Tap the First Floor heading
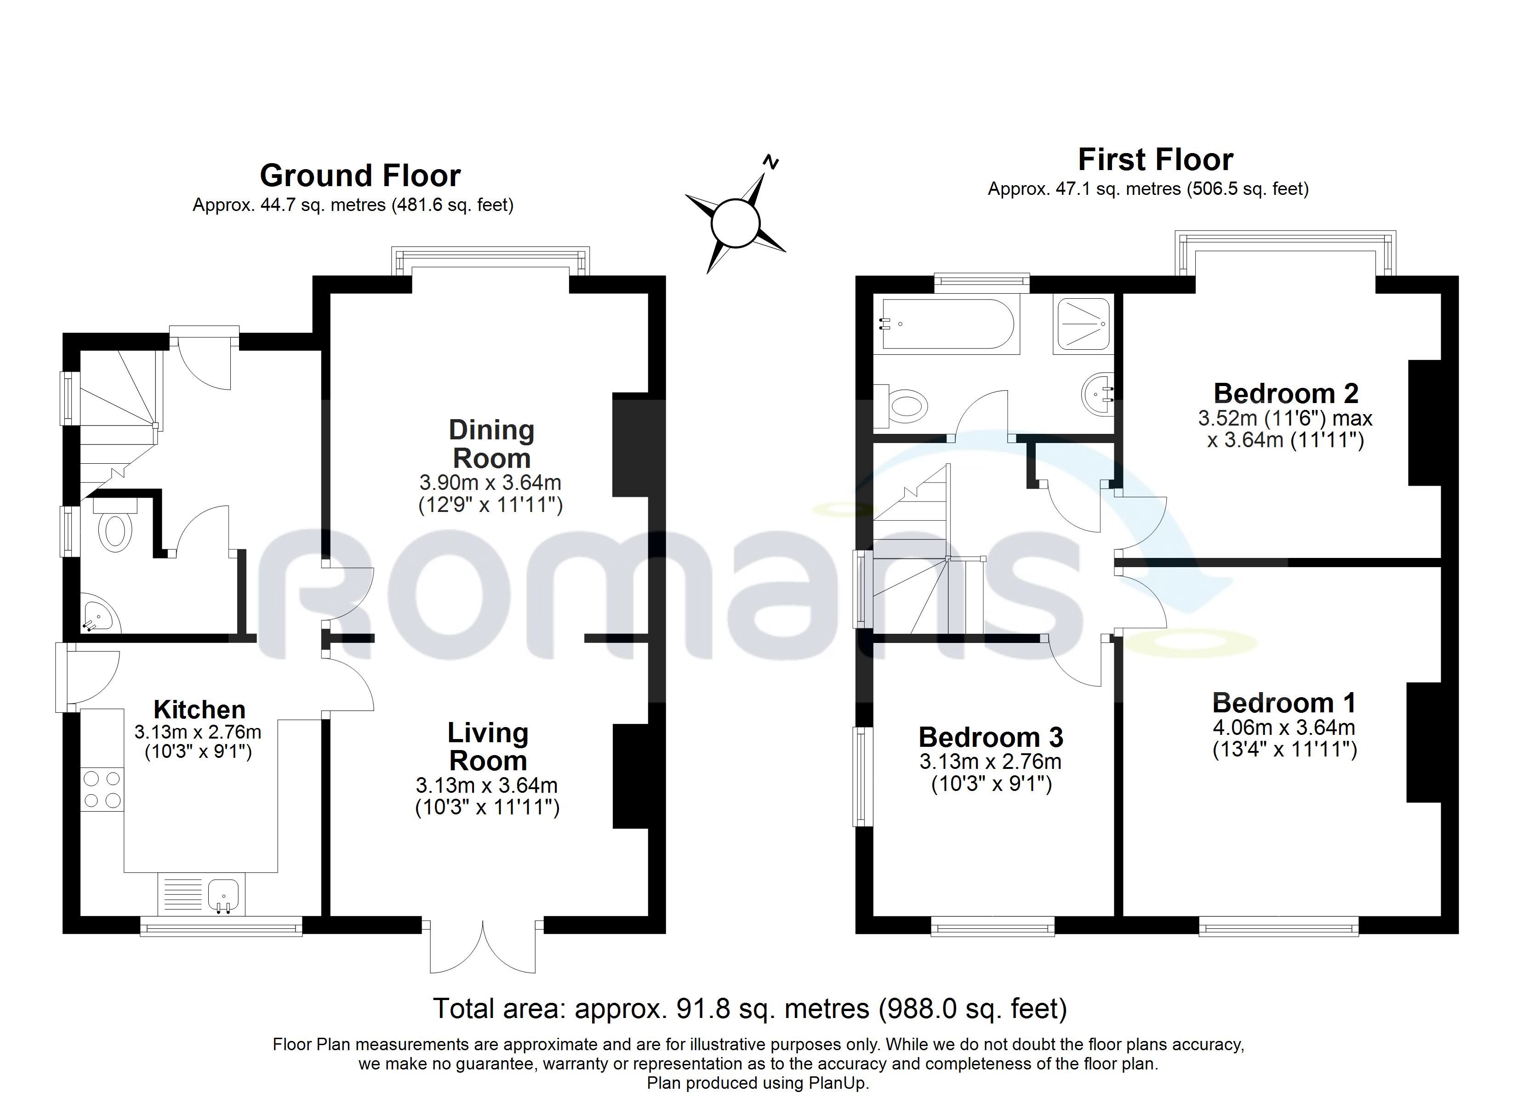(1155, 160)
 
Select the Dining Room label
(491, 444)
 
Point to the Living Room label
(488, 746)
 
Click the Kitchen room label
(200, 709)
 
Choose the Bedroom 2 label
(1286, 393)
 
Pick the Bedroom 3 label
(991, 737)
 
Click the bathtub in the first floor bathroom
(950, 324)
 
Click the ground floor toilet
(116, 525)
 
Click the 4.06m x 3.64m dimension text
(1284, 727)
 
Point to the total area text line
(750, 1008)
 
